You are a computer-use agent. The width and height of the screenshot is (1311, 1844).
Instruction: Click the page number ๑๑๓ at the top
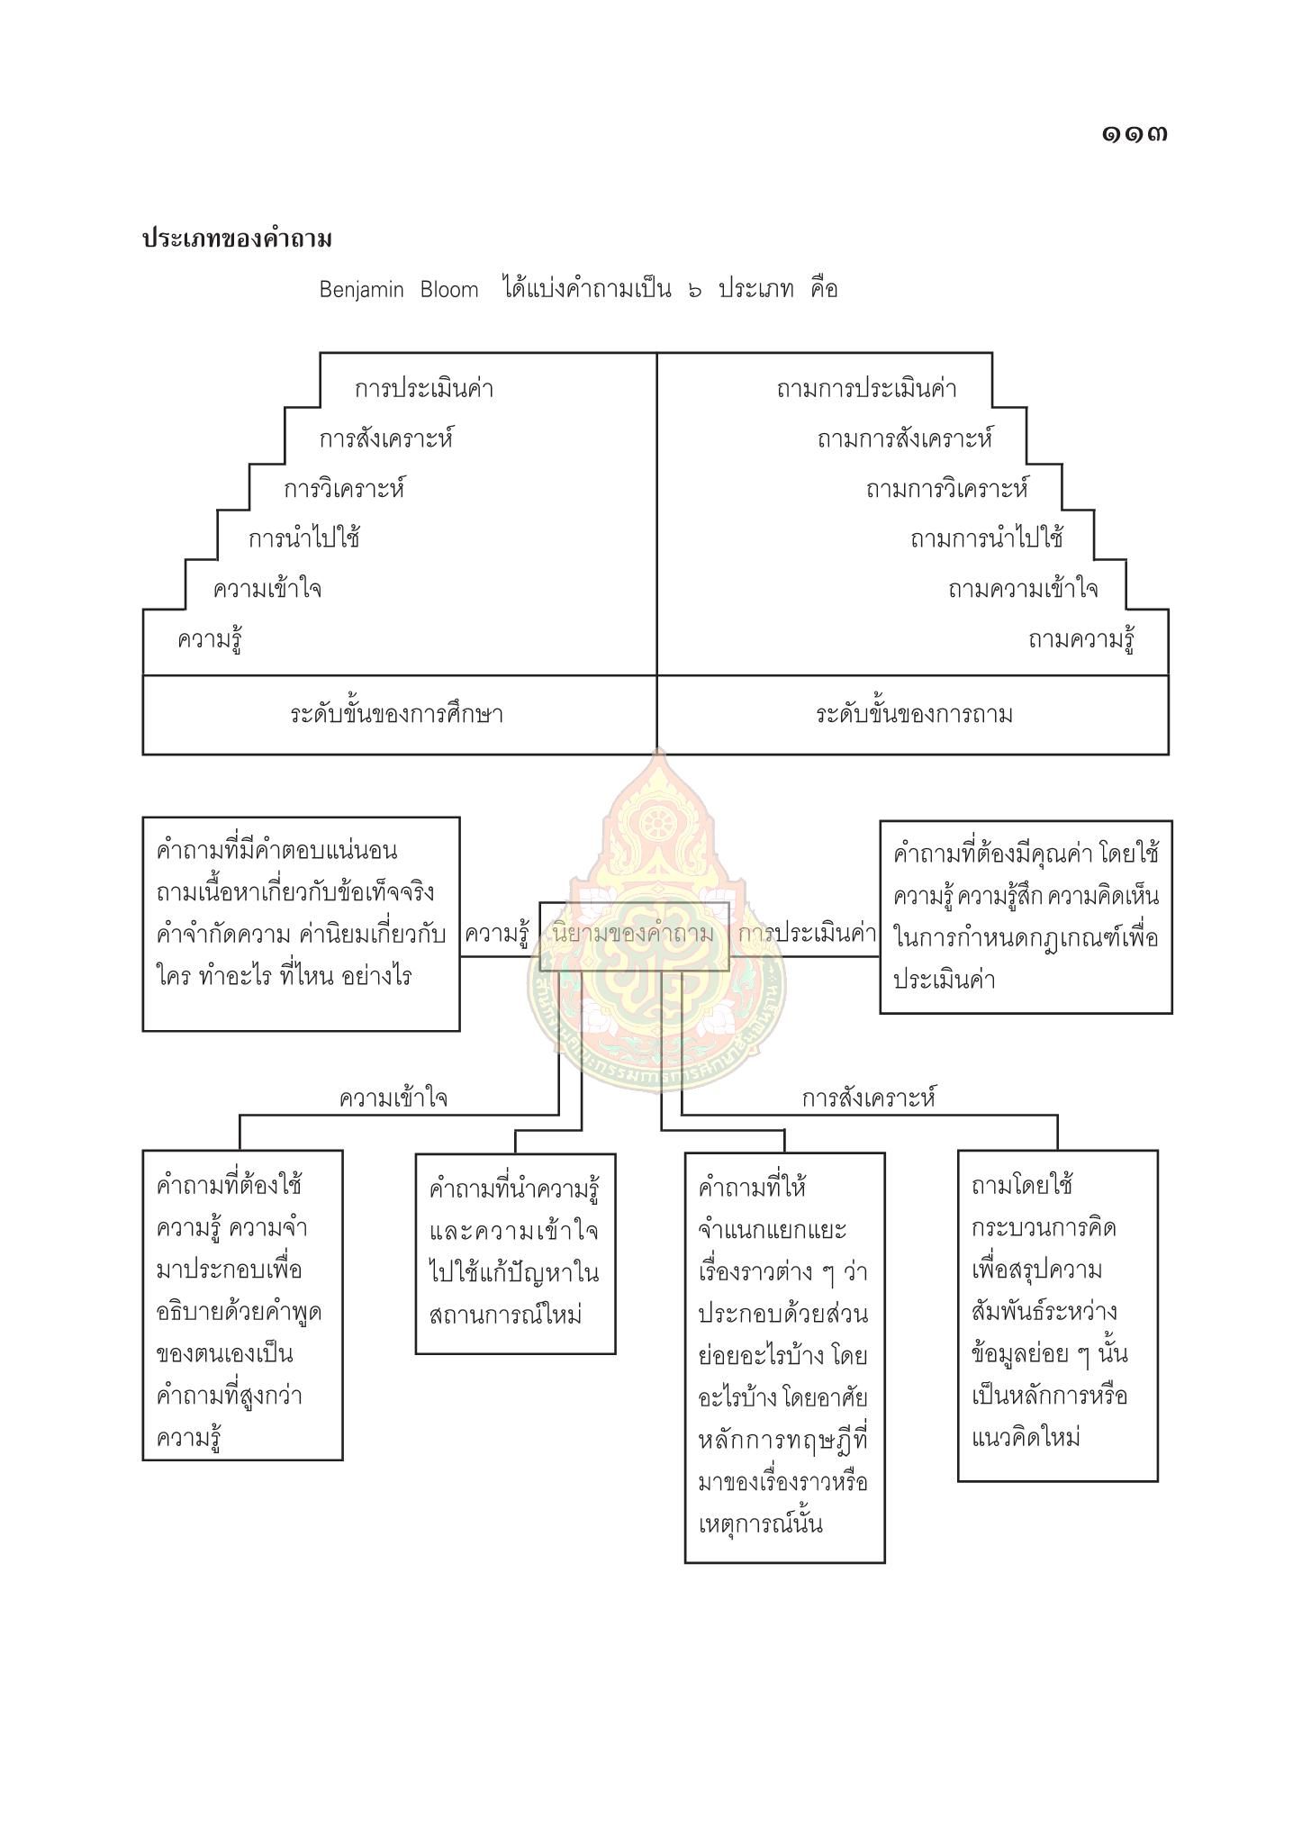[x=1134, y=134]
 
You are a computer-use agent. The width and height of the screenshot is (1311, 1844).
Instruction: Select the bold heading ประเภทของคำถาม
[x=237, y=240]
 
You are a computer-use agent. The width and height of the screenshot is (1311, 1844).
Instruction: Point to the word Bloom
[x=449, y=290]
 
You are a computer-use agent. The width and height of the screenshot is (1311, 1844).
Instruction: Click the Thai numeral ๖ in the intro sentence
[x=694, y=290]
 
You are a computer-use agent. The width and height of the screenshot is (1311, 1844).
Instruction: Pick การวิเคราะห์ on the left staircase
[x=344, y=489]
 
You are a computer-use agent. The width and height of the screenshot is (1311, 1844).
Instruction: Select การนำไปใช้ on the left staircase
[x=304, y=538]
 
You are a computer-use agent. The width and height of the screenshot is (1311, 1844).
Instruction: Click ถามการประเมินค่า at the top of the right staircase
[x=865, y=389]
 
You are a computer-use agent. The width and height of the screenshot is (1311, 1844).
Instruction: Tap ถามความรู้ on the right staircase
[x=1080, y=640]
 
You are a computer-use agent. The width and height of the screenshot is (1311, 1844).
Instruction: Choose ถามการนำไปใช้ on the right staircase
[x=986, y=538]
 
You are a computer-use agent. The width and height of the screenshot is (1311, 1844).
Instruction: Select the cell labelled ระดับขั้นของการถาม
[x=913, y=715]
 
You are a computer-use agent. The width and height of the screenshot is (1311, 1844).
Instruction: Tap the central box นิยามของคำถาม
[x=634, y=935]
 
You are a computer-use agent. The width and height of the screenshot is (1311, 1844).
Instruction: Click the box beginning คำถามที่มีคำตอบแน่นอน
[x=301, y=923]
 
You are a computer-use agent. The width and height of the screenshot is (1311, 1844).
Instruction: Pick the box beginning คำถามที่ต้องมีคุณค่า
[x=1026, y=917]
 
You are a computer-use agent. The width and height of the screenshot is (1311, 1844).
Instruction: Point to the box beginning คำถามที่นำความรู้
[x=515, y=1252]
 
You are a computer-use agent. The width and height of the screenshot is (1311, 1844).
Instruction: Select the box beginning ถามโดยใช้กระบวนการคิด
[x=1057, y=1315]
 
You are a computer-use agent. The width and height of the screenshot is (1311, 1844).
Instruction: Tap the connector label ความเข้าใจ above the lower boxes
[x=393, y=1098]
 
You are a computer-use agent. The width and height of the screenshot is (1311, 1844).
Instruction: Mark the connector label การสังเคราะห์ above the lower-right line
[x=869, y=1098]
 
